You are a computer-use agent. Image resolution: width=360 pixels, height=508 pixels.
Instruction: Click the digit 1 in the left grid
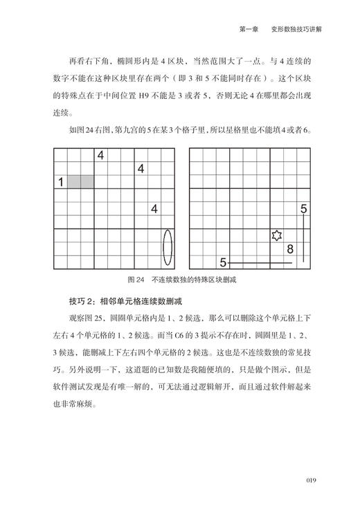(x=61, y=182)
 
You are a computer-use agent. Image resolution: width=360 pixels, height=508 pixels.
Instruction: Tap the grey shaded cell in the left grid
(x=80, y=182)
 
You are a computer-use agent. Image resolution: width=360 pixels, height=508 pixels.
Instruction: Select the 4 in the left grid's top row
(x=100, y=156)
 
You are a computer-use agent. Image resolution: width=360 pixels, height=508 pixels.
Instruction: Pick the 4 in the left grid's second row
(x=141, y=168)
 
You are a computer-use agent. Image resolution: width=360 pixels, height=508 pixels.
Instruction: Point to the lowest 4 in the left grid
(x=154, y=208)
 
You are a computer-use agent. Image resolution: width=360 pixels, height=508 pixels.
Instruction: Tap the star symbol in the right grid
(x=277, y=235)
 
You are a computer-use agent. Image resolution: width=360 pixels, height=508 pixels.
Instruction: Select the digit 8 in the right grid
(x=290, y=248)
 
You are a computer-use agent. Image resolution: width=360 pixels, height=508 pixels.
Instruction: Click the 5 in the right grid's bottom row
(x=223, y=262)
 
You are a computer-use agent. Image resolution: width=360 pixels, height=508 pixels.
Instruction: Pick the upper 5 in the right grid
(x=303, y=208)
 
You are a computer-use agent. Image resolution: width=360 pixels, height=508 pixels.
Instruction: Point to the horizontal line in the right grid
(x=260, y=263)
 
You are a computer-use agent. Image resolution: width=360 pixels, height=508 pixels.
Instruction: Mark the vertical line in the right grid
(x=304, y=238)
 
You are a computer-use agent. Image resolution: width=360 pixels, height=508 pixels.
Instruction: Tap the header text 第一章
(x=249, y=29)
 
